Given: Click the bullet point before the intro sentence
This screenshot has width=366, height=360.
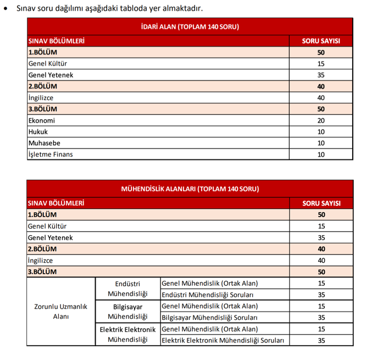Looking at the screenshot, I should pos(6,9).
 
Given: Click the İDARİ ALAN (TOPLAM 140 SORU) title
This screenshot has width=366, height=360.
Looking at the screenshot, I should pos(190,26).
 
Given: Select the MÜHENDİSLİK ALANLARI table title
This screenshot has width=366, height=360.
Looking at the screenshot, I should pos(190,189).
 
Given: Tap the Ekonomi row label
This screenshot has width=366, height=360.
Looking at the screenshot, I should pos(42,120).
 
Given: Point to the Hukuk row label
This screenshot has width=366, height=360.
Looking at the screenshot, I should pos(38,132).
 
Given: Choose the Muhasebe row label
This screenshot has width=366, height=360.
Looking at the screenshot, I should pos(44,143).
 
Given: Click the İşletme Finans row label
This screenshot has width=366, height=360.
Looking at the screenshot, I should pos(51,154).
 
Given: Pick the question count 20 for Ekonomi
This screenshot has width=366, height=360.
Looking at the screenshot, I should pos(321,120).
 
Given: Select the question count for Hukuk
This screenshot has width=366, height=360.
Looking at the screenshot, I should pos(321,132).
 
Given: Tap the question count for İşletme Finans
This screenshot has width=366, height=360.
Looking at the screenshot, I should pos(321,154).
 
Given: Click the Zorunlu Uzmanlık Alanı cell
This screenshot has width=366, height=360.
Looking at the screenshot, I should pos(61,312).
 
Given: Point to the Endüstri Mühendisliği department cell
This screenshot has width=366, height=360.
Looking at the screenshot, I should pos(127,289).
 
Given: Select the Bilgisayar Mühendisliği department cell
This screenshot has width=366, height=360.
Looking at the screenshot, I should pos(127,312).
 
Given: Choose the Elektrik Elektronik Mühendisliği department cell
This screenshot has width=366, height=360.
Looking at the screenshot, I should pos(127,335).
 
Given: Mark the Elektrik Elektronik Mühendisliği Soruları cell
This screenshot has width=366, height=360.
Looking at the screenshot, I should pos(223,341).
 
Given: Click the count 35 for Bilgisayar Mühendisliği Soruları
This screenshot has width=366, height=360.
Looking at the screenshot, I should pos(321,318).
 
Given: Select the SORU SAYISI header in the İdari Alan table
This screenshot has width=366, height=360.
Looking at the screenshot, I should pos(321,41).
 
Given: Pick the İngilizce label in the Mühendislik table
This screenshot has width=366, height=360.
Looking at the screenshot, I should pos(41,261).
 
